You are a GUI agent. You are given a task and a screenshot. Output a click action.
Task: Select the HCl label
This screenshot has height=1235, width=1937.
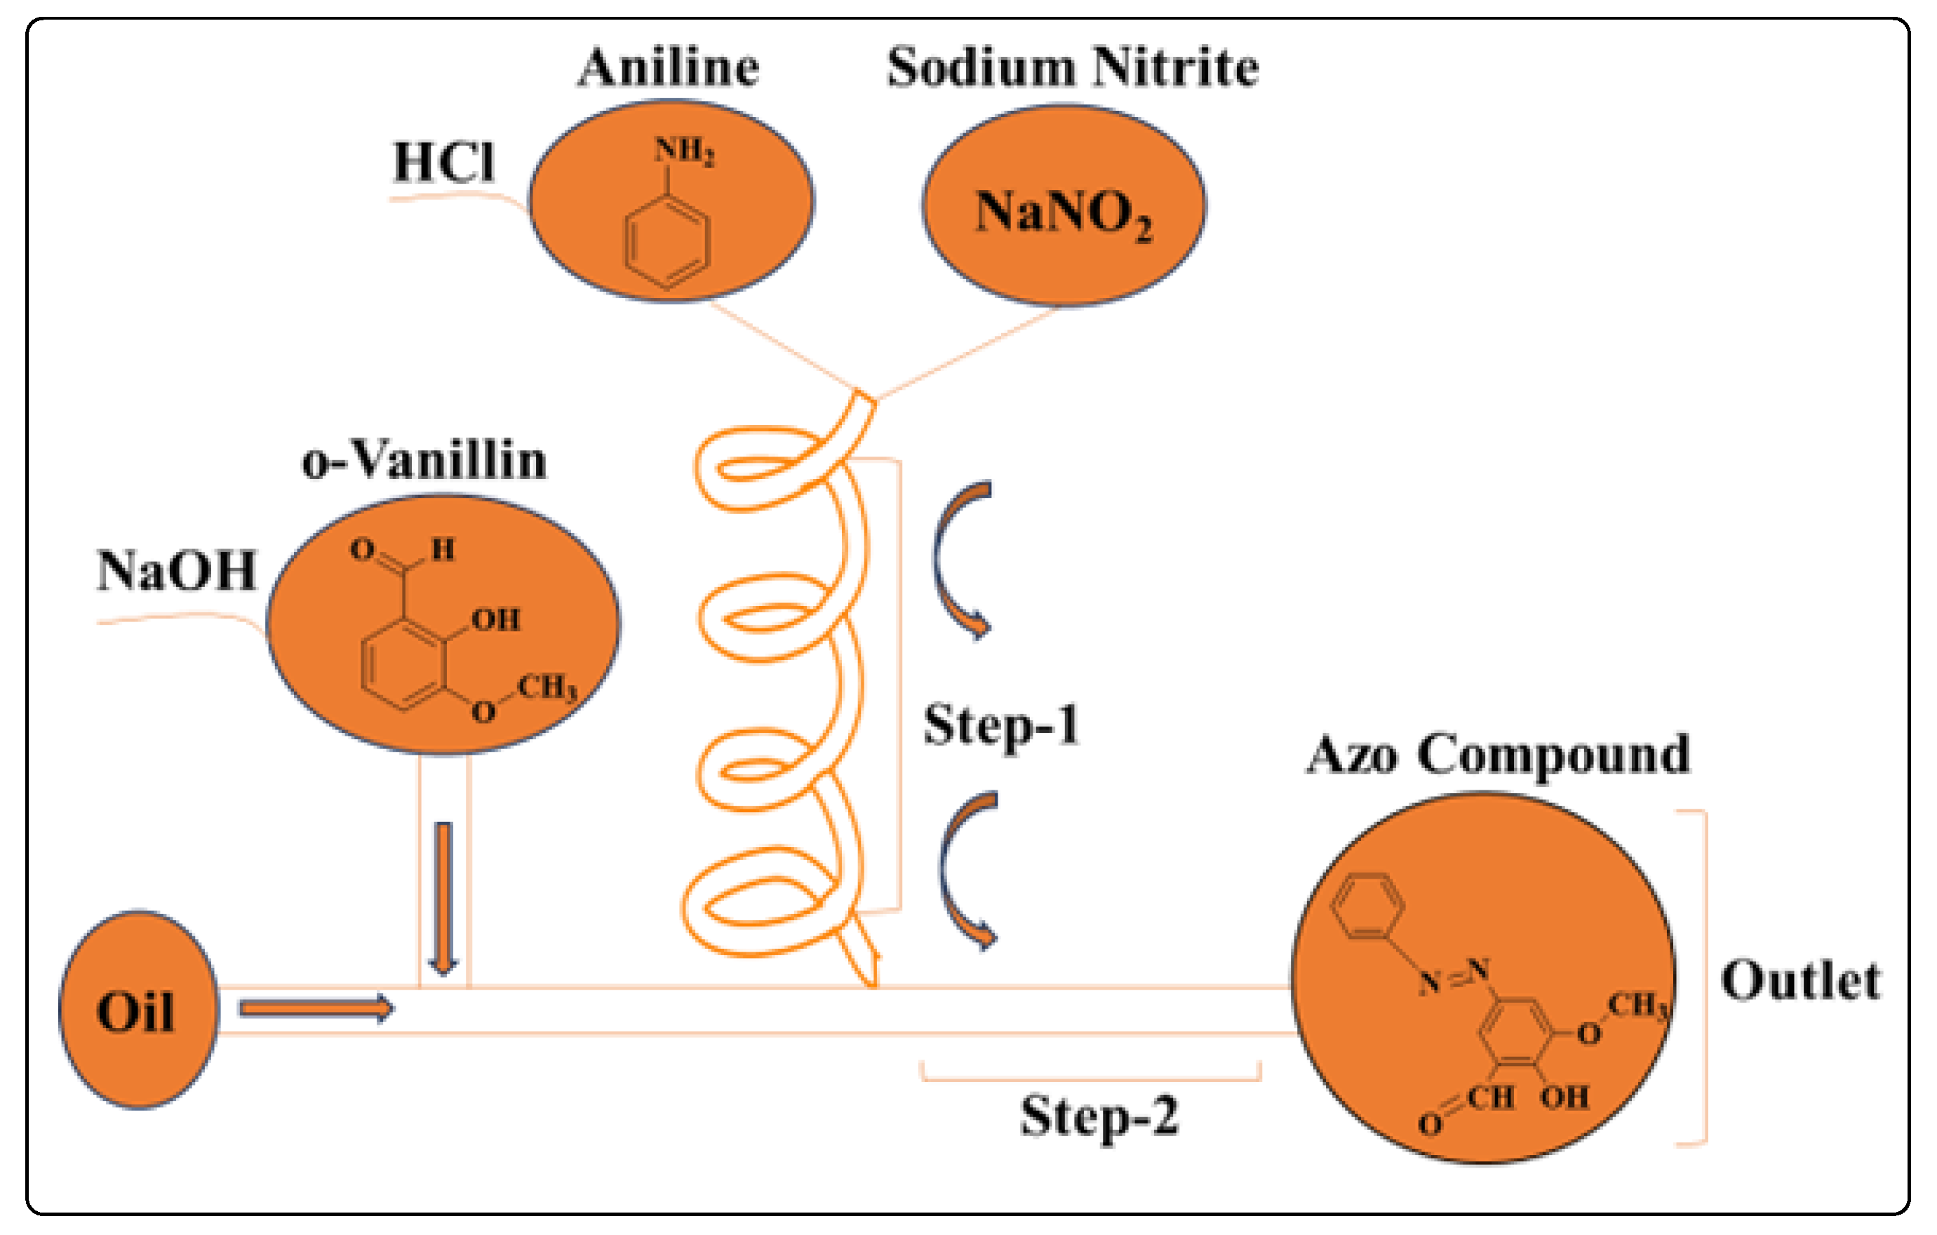(443, 163)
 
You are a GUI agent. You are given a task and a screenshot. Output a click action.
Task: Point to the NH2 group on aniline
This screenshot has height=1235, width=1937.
(684, 151)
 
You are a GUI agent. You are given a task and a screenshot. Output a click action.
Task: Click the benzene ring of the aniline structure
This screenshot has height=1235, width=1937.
(667, 241)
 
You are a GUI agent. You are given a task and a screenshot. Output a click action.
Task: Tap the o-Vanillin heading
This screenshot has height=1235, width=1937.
(424, 461)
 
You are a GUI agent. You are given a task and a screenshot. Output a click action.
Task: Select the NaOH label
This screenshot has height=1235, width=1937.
(176, 571)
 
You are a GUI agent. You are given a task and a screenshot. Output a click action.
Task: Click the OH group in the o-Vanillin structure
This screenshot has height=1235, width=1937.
(495, 620)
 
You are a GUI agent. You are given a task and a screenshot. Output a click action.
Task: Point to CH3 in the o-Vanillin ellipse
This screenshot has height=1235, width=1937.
(547, 687)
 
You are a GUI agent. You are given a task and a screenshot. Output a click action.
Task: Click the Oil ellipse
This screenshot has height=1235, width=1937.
(138, 1011)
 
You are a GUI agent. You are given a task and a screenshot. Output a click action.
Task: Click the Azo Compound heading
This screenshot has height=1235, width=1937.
(1497, 755)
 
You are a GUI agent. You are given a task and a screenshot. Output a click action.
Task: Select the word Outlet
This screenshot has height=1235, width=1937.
(1800, 982)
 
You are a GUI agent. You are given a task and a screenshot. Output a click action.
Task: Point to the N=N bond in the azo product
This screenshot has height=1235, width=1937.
(1454, 976)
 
